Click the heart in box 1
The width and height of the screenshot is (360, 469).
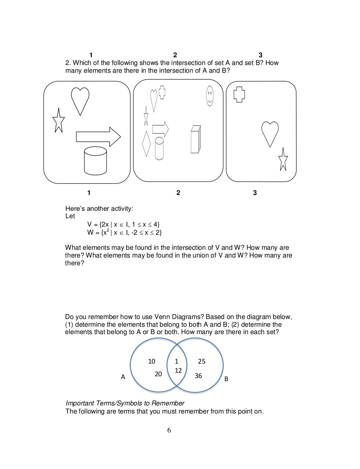point(80,100)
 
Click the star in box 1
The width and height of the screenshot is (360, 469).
point(59,121)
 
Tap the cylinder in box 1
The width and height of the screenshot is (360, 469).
point(95,161)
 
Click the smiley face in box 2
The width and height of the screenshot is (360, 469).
point(210,96)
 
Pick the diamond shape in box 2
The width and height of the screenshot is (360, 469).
point(146,144)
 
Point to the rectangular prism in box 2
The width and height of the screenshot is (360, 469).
point(195,139)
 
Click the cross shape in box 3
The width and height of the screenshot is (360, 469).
point(239,94)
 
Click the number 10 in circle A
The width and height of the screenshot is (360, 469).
point(152,361)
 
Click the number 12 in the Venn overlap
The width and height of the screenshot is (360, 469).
point(178,370)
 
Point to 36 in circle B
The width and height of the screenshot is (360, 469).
point(198,376)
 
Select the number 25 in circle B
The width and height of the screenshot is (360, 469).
point(201,361)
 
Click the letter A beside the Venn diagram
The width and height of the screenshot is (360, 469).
point(123,377)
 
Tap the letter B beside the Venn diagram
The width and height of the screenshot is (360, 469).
point(226,379)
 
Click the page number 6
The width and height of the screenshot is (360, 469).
point(169,430)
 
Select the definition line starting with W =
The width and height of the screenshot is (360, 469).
point(124,232)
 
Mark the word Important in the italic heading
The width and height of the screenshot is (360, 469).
point(79,403)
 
